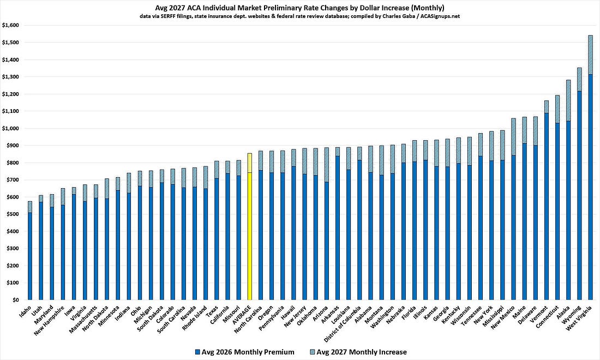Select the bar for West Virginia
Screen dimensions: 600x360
(x=590, y=167)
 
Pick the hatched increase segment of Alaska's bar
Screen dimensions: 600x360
(x=568, y=100)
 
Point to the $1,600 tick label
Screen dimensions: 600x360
(x=10, y=25)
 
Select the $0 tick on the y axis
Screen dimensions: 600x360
(x=15, y=300)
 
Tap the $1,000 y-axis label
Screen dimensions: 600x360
(x=10, y=128)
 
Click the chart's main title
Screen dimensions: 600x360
(x=300, y=8)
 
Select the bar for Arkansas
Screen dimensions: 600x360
(x=337, y=224)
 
